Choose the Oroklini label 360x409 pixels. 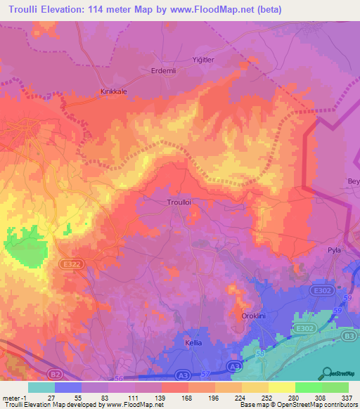(254, 316)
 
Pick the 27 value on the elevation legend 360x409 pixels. (50, 398)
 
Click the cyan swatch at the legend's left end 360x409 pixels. (41, 387)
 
